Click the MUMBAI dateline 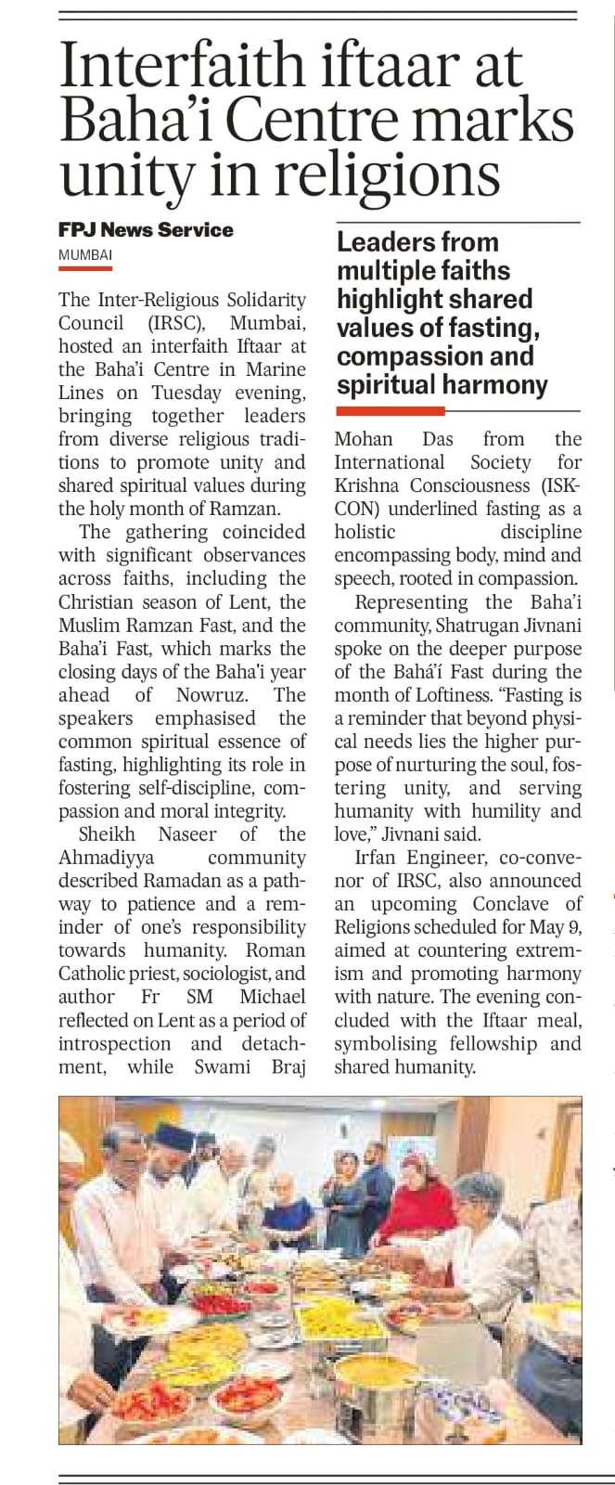coord(85,254)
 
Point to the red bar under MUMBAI coord(85,268)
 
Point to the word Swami coord(222,1066)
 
